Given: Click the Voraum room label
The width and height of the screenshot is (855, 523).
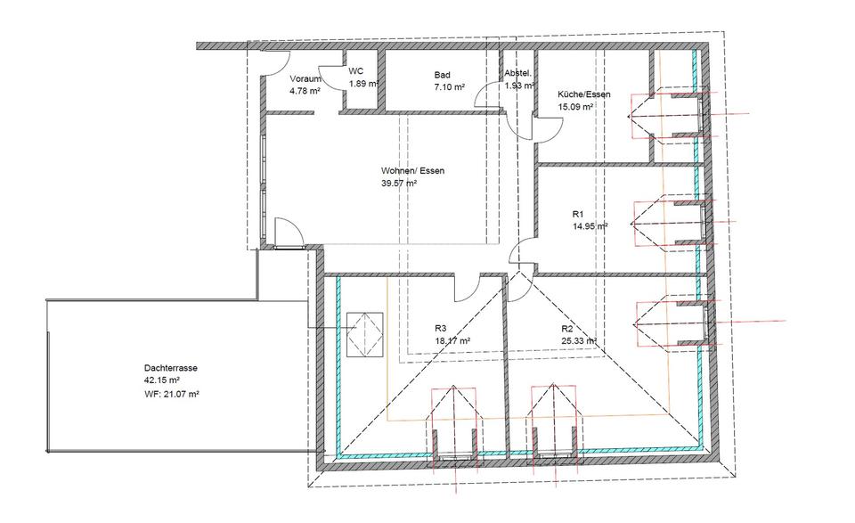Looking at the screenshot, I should (305, 78).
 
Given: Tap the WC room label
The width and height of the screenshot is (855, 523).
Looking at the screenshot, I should (356, 71).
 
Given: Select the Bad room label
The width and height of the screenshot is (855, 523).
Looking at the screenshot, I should (443, 75).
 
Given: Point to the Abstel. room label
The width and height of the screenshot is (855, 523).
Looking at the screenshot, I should (517, 74).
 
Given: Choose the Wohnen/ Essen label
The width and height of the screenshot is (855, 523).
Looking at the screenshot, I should (413, 170).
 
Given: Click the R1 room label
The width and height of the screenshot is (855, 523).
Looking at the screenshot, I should (577, 214).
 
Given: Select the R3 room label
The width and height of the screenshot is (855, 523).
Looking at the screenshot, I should (441, 328).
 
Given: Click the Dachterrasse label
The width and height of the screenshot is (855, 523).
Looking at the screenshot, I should (168, 367).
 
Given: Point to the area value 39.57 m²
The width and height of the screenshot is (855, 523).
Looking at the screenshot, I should (399, 183).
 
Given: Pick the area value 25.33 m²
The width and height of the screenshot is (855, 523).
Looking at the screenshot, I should (578, 340).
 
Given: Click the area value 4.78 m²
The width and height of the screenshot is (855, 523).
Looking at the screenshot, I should (305, 90).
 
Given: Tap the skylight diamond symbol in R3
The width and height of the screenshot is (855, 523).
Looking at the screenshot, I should (362, 335).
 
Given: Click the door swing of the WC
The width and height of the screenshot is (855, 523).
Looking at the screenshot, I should (332, 78).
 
